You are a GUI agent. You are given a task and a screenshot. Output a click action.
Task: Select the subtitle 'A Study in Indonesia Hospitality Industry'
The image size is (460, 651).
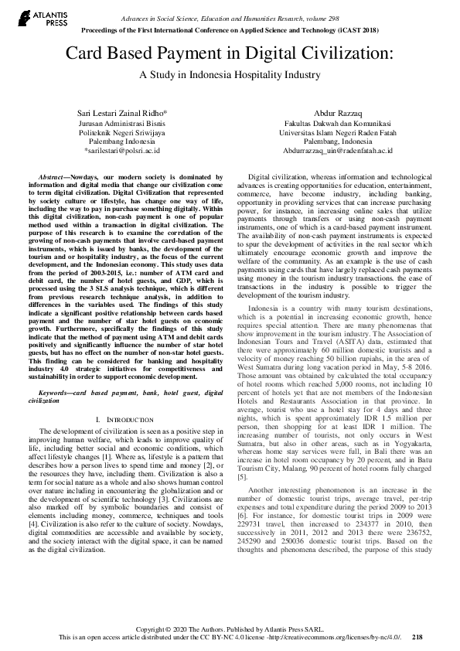point(229,75)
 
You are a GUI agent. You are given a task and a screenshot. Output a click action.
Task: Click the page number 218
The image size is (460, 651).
point(417,637)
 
